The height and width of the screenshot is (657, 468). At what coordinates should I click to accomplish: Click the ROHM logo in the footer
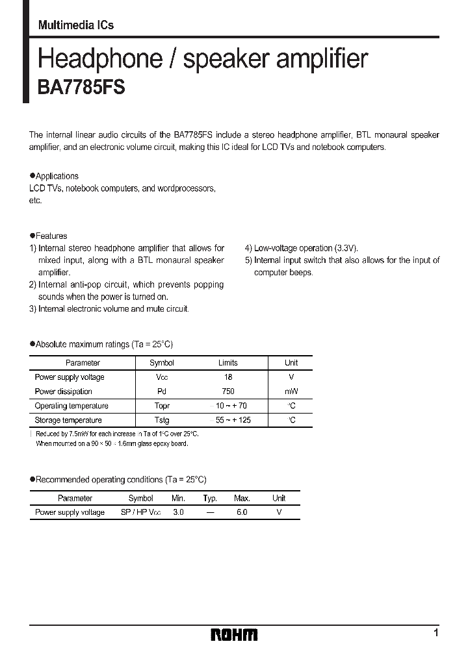[235, 634]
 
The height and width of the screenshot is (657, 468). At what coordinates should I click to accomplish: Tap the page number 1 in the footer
[436, 632]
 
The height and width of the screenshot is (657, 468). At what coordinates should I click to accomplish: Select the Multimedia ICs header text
[75, 25]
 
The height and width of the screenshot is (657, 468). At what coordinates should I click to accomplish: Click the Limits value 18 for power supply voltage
[228, 377]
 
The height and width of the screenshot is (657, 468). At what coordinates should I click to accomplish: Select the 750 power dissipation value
[228, 391]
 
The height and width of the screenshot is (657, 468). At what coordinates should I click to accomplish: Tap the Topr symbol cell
[162, 406]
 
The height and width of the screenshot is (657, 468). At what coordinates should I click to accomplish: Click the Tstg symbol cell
[162, 420]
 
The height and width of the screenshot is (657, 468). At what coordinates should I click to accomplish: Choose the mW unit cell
[291, 391]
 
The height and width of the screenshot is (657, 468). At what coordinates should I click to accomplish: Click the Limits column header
[228, 363]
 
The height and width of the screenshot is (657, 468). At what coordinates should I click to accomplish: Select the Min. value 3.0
[178, 512]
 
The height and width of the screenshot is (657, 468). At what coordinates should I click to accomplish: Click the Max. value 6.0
[242, 512]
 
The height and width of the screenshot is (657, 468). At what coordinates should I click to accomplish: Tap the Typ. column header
[210, 498]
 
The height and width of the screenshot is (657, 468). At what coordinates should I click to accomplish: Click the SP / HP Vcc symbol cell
[140, 512]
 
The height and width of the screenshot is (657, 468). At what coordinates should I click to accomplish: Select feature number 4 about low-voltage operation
[302, 248]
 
